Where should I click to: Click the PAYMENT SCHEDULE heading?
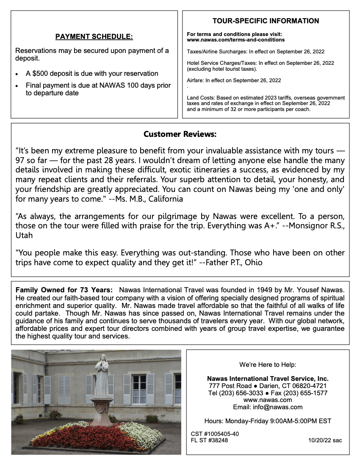pos(94,37)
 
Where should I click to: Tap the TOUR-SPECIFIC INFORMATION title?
pos(266,21)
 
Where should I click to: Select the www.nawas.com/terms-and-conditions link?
pos(235,40)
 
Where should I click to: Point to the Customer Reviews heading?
pos(180,134)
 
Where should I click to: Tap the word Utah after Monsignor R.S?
pos(24,235)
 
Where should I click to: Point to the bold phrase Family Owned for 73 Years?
pos(64,290)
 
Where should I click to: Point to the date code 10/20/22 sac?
pos(325,441)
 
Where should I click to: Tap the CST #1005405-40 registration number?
pos(215,434)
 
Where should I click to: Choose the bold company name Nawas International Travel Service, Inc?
pos(268,379)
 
